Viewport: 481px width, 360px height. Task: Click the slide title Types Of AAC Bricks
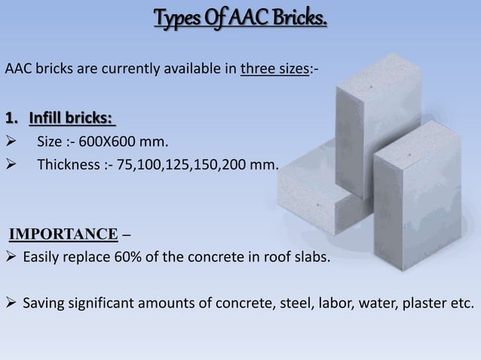(x=240, y=16)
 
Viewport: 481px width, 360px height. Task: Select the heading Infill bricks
(x=72, y=120)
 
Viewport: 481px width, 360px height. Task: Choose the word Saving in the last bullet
(x=42, y=304)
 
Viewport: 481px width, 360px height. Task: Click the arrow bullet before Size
(x=11, y=142)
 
